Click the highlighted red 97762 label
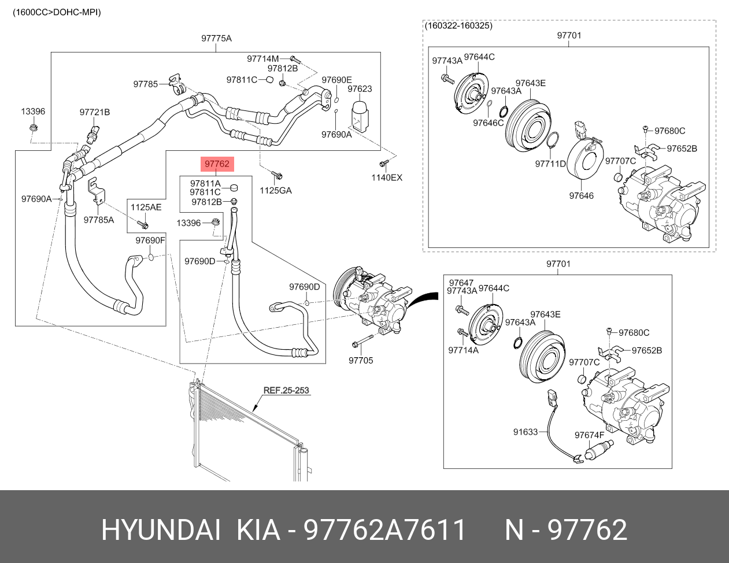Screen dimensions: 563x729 click(x=217, y=164)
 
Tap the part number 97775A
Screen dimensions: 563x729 click(x=216, y=39)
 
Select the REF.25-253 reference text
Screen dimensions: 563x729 click(x=286, y=390)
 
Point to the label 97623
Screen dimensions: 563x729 click(x=360, y=89)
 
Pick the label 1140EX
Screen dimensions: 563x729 click(x=387, y=177)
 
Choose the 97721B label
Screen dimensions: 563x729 click(x=95, y=112)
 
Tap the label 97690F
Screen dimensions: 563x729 click(x=150, y=240)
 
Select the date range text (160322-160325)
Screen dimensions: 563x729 click(x=458, y=26)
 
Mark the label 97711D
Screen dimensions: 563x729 click(x=550, y=164)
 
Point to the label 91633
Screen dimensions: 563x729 click(x=526, y=432)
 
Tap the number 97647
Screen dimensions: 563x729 click(x=461, y=283)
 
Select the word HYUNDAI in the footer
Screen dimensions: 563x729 click(x=161, y=530)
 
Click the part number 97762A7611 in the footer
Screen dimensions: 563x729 click(x=385, y=530)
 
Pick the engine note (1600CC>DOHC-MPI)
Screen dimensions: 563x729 click(x=57, y=12)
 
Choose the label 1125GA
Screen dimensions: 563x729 click(x=276, y=190)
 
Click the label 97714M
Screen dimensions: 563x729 click(x=262, y=59)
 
